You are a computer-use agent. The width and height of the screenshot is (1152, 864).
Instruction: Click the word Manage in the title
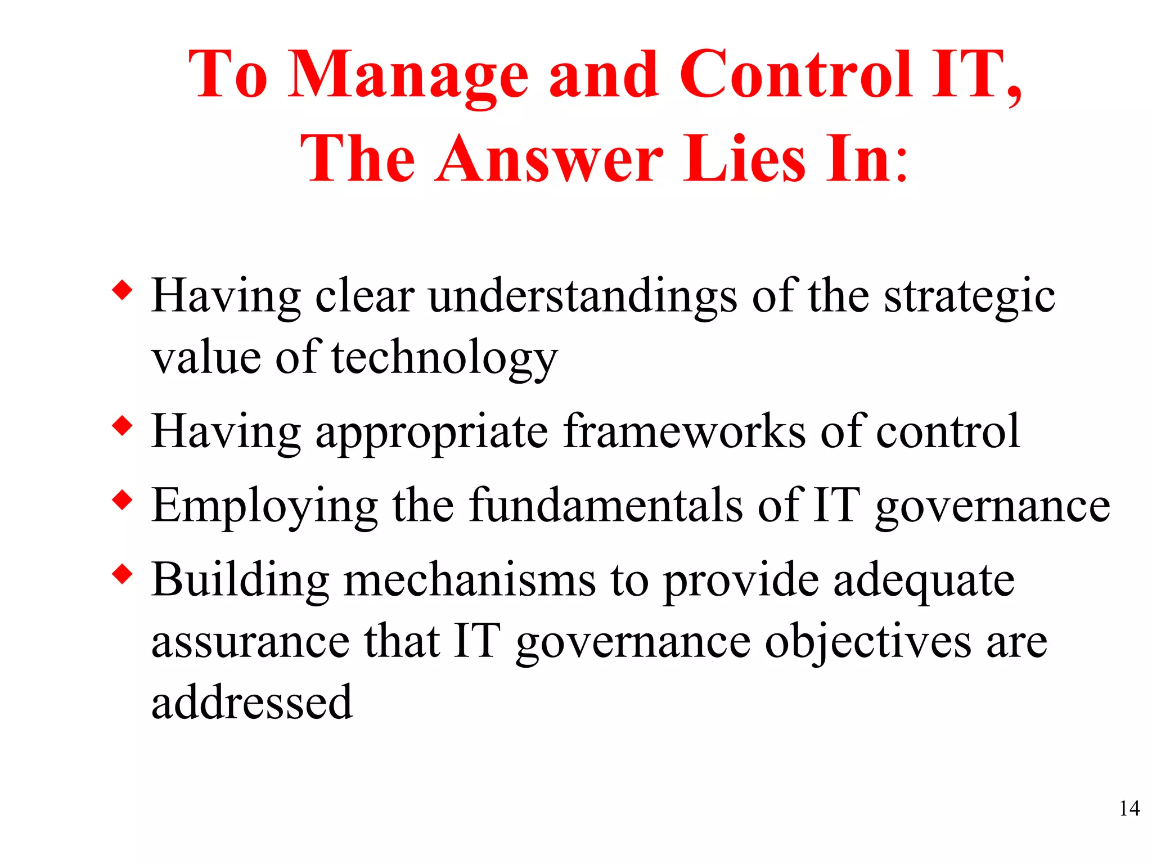[408, 76]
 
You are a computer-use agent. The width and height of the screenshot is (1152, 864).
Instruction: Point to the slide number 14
[1129, 808]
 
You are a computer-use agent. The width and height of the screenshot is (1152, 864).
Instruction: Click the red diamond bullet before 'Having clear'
[122, 291]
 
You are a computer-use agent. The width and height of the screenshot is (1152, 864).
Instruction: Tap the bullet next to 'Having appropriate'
[122, 426]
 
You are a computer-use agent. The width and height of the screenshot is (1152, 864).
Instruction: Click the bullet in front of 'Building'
[122, 574]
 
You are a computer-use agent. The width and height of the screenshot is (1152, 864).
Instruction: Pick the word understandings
[582, 296]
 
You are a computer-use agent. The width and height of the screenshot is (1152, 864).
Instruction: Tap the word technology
[444, 358]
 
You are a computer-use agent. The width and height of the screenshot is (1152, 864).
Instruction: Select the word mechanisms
[469, 580]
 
